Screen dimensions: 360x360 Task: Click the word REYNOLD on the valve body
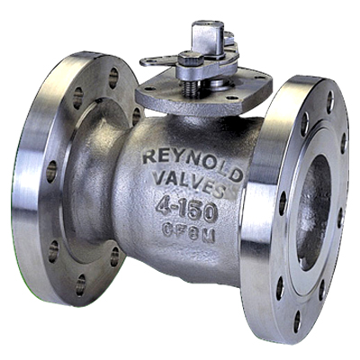point(193,164)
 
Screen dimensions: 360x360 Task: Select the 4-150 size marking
point(186,210)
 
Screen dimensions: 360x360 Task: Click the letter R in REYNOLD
point(149,157)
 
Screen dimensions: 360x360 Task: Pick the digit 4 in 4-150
point(164,206)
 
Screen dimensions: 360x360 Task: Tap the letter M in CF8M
point(209,237)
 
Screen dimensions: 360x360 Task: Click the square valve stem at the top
point(207,34)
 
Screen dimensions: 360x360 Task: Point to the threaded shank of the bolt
point(191,89)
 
